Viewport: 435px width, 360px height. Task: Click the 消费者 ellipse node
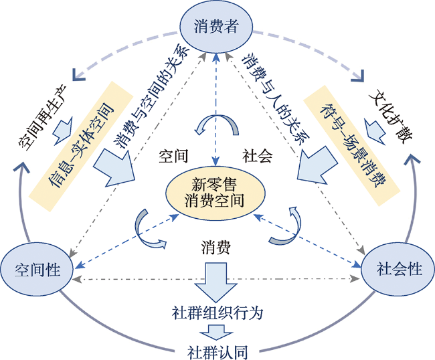coord(216,26)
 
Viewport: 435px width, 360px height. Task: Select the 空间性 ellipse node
coord(37,269)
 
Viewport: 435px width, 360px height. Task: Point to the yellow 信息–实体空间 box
coord(81,147)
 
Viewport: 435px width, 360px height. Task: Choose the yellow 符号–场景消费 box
coord(352,145)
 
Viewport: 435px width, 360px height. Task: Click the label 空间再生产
coord(42,118)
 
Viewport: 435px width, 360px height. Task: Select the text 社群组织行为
coord(217,313)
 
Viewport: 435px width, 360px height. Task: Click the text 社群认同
coord(217,352)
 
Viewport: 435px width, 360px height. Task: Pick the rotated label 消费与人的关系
coord(276,99)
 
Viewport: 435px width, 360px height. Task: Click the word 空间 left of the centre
coord(173,156)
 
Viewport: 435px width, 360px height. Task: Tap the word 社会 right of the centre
coord(257,156)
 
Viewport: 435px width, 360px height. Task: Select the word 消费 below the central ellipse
coord(216,247)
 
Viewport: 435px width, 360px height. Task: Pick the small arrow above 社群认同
coord(216,333)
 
